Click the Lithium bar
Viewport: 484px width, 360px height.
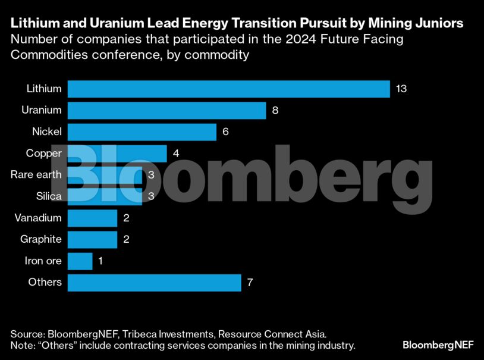pyautogui.click(x=228, y=89)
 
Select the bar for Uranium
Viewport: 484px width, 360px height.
pyautogui.click(x=166, y=110)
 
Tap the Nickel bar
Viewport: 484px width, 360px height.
pyautogui.click(x=142, y=132)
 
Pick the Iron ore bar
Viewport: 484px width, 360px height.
pyautogui.click(x=80, y=261)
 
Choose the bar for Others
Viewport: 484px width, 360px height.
pyautogui.click(x=154, y=282)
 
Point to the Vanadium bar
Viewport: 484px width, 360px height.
pyautogui.click(x=92, y=218)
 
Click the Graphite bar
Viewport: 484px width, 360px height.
pyautogui.click(x=92, y=239)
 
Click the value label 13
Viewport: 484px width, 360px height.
pyautogui.click(x=401, y=89)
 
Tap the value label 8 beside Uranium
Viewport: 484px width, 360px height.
pyautogui.click(x=275, y=110)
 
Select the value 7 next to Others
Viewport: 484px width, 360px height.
pyautogui.click(x=250, y=282)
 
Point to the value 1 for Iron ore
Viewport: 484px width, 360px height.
pyautogui.click(x=101, y=261)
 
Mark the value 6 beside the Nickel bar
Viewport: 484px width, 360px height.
pyautogui.click(x=225, y=132)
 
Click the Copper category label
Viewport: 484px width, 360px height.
pyautogui.click(x=43, y=153)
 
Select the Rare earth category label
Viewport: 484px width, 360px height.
pyautogui.click(x=36, y=174)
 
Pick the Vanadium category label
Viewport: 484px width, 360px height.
pyautogui.click(x=37, y=218)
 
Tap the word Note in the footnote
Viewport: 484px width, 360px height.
pyautogui.click(x=21, y=345)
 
